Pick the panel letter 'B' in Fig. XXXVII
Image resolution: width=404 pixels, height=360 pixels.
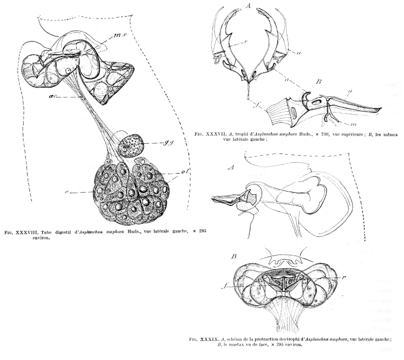click(317, 82)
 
